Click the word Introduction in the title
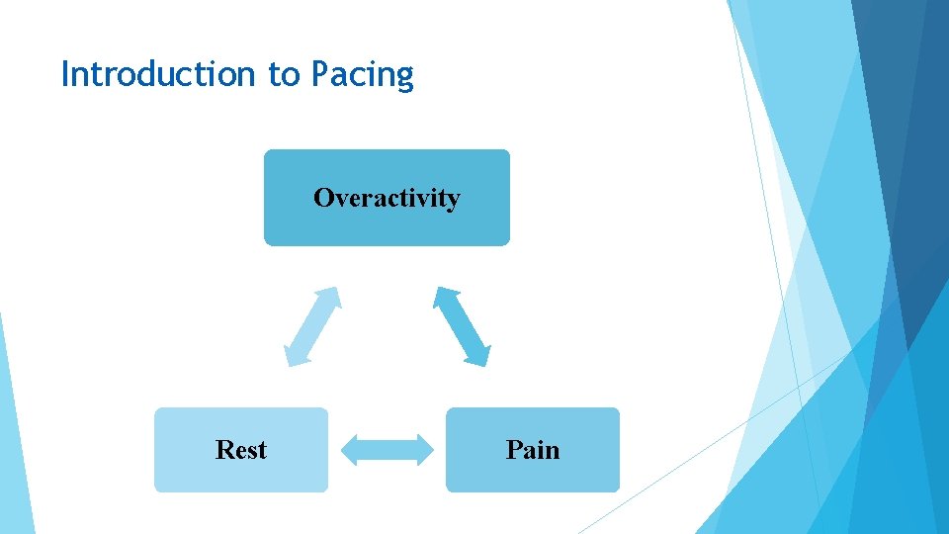pyautogui.click(x=159, y=74)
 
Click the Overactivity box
pyautogui.click(x=387, y=198)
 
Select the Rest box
pyautogui.click(x=240, y=450)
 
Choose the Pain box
pyautogui.click(x=533, y=450)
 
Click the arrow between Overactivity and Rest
pyautogui.click(x=312, y=326)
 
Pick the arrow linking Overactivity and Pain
pyautogui.click(x=462, y=326)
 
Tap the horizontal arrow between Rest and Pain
pyautogui.click(x=388, y=450)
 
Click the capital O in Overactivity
pyautogui.click(x=323, y=198)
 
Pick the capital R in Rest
pyautogui.click(x=223, y=450)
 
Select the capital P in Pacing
pyautogui.click(x=320, y=74)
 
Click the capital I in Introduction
pyautogui.click(x=65, y=74)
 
